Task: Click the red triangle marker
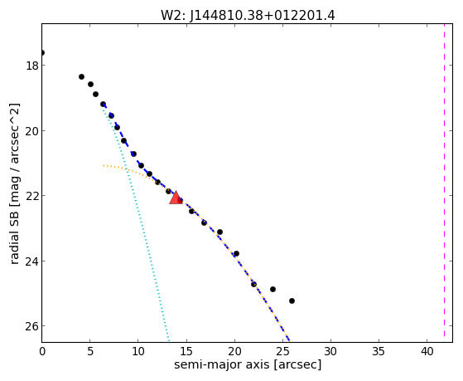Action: pyautogui.click(x=176, y=198)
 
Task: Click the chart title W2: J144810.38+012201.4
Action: pyautogui.click(x=248, y=15)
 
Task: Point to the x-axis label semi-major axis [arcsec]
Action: pyautogui.click(x=248, y=364)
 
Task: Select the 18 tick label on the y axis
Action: pyautogui.click(x=32, y=66)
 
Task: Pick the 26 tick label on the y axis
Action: pyautogui.click(x=32, y=326)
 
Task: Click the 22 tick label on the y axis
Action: pyautogui.click(x=32, y=196)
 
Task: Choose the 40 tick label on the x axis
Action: pyautogui.click(x=427, y=351)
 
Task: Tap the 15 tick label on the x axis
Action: pyautogui.click(x=186, y=351)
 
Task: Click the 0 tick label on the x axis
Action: pyautogui.click(x=42, y=351)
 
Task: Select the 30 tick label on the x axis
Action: pyautogui.click(x=330, y=351)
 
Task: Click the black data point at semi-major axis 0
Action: pyautogui.click(x=42, y=52)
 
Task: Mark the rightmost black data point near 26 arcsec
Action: pyautogui.click(x=292, y=300)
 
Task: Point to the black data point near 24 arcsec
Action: pyautogui.click(x=272, y=289)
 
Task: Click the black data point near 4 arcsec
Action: pyautogui.click(x=81, y=76)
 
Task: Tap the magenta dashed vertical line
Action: pyautogui.click(x=444, y=180)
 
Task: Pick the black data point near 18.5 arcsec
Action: pyautogui.click(x=219, y=232)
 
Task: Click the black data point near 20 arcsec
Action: pyautogui.click(x=236, y=254)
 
